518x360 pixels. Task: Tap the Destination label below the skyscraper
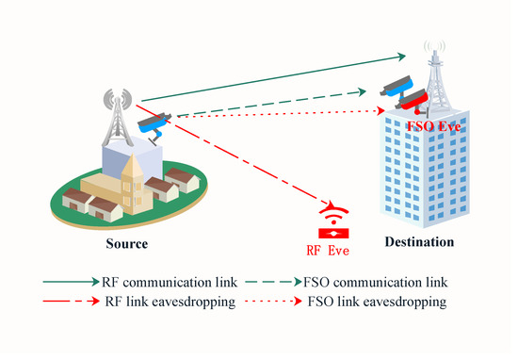[x=419, y=242]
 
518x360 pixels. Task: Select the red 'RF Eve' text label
[x=329, y=251]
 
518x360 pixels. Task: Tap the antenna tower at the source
[x=118, y=112]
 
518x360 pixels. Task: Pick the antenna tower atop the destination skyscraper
[x=436, y=64]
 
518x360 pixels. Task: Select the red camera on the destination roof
[x=413, y=98]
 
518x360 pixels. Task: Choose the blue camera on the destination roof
[x=395, y=86]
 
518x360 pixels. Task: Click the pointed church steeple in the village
[x=132, y=171]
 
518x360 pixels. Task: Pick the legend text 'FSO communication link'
[x=377, y=283]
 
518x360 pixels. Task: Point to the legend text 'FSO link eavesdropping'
[x=378, y=303]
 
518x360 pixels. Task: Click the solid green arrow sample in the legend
[x=70, y=283]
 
